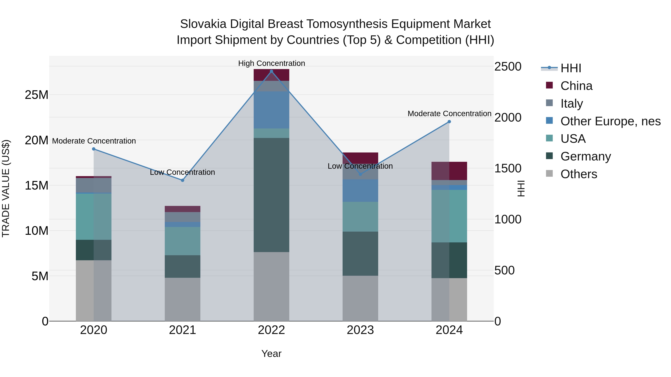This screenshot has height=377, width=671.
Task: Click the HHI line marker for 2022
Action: click(x=271, y=71)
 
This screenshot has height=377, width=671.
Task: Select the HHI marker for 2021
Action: click(x=183, y=180)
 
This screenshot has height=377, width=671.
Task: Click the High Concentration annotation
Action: click(x=271, y=63)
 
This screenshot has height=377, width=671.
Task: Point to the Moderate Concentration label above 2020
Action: click(x=94, y=141)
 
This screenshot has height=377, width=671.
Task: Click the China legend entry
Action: click(x=576, y=86)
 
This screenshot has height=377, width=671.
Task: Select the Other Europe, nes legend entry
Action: click(x=610, y=121)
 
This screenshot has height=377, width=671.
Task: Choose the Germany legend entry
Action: click(x=586, y=156)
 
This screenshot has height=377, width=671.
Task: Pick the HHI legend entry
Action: click(x=571, y=68)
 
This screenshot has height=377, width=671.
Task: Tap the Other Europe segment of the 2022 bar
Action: click(x=271, y=110)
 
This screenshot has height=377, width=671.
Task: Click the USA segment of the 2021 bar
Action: click(x=183, y=241)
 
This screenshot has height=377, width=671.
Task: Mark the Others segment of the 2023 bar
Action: click(x=360, y=298)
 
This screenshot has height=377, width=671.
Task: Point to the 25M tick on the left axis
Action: click(x=37, y=95)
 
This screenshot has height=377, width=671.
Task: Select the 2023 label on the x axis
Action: click(x=360, y=330)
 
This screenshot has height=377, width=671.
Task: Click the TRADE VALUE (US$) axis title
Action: click(x=6, y=188)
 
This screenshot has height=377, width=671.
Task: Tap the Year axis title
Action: click(x=271, y=354)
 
